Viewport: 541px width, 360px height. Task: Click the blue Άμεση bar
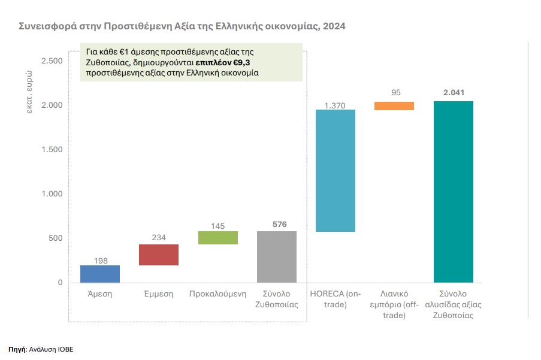(100, 274)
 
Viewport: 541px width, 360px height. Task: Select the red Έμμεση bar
(159, 255)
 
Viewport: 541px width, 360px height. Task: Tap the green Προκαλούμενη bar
(217, 238)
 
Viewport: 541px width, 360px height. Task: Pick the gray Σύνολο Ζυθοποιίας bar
(277, 256)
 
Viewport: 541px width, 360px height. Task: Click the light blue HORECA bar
(336, 171)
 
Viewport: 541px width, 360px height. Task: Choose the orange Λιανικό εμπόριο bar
(394, 106)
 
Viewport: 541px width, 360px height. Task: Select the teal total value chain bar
(453, 192)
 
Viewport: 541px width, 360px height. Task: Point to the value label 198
(100, 261)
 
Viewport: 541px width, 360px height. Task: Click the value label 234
(159, 238)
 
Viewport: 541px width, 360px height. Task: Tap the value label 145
(217, 226)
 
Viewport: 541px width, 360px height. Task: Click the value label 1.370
(336, 105)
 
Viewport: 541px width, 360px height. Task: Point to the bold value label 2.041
(454, 93)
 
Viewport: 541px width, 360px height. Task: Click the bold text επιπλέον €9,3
(222, 62)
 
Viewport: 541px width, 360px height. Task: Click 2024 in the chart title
(334, 27)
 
